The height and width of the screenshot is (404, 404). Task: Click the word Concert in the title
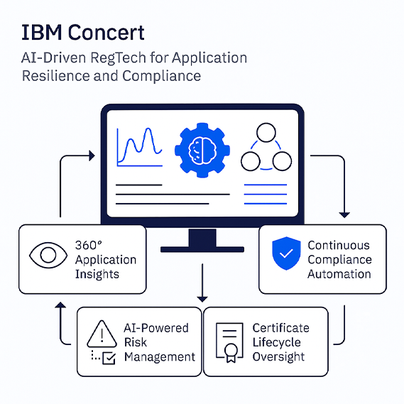(x=106, y=33)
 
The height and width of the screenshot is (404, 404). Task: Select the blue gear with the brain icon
(x=202, y=150)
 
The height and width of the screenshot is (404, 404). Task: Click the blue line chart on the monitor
(x=139, y=147)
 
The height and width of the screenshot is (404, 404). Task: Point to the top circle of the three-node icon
(x=266, y=133)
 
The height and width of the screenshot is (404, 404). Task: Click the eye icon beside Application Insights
(x=48, y=255)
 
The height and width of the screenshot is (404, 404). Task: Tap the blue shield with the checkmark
(x=286, y=253)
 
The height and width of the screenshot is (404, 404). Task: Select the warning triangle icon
(x=102, y=334)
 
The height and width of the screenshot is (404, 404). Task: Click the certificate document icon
(x=229, y=342)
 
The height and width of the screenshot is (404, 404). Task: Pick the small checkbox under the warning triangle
(x=109, y=359)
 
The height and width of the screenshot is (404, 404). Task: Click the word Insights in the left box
(x=97, y=274)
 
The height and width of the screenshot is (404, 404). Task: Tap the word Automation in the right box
(x=339, y=274)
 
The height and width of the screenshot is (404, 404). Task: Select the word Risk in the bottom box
(x=136, y=342)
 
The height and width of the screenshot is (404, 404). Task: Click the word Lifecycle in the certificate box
(x=276, y=342)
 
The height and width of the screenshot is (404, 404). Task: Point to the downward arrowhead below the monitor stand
(x=202, y=299)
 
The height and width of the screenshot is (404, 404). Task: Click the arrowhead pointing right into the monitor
(x=92, y=155)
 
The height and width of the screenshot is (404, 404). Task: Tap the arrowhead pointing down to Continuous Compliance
(x=344, y=215)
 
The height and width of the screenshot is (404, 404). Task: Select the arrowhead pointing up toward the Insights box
(x=60, y=305)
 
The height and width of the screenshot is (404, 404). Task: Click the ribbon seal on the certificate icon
(x=231, y=353)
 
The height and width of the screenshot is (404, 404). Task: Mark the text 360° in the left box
(x=88, y=245)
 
